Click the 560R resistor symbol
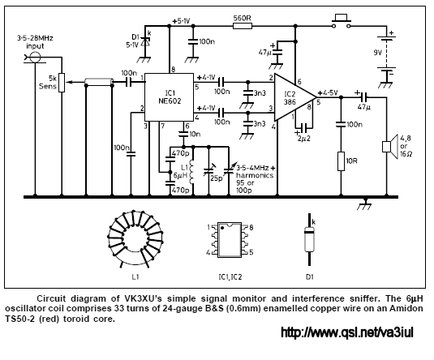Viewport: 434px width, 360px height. click(x=243, y=26)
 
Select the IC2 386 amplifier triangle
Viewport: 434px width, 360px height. click(x=295, y=97)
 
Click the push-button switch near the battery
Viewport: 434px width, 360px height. click(x=342, y=22)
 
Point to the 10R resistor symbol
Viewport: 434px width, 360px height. click(x=341, y=161)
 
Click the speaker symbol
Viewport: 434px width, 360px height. click(x=390, y=147)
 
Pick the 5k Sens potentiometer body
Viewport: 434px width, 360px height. click(x=62, y=83)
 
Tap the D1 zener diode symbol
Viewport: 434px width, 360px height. click(x=144, y=42)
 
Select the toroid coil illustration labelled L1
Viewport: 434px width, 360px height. click(x=135, y=238)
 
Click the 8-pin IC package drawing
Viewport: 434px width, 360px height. click(x=230, y=240)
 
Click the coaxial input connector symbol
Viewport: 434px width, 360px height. click(x=35, y=58)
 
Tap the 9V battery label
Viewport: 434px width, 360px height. click(x=377, y=53)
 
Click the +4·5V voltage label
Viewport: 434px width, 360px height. click(x=329, y=92)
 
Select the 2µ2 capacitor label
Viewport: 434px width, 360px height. click(x=304, y=139)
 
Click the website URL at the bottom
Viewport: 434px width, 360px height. click(x=347, y=332)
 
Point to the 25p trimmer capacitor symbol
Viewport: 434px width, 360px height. click(x=208, y=171)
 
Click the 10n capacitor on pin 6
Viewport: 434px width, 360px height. click(x=183, y=134)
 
